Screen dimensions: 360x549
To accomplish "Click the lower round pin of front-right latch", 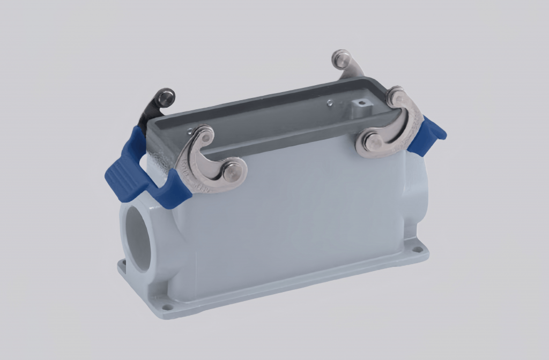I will [371, 141].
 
